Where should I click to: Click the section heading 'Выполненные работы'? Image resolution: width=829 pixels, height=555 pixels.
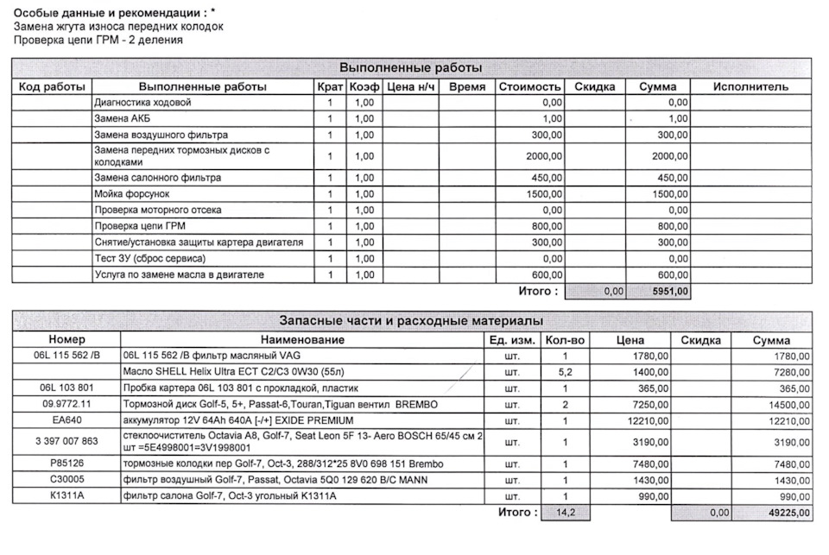click(x=410, y=68)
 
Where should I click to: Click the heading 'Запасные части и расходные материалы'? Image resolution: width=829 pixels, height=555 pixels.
click(x=410, y=321)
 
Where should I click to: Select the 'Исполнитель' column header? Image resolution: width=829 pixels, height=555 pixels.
click(x=750, y=87)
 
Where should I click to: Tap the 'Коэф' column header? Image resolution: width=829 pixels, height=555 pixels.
click(x=364, y=87)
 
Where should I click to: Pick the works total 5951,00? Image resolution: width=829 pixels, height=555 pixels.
click(x=671, y=292)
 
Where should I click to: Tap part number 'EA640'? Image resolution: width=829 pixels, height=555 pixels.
click(x=66, y=420)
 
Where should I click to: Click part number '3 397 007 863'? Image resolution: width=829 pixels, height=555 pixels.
click(x=66, y=442)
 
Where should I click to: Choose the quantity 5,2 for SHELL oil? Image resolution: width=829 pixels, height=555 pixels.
click(x=565, y=371)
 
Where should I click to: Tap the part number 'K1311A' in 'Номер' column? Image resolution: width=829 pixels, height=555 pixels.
click(x=66, y=496)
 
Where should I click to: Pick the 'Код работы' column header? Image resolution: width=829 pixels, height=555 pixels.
click(x=52, y=87)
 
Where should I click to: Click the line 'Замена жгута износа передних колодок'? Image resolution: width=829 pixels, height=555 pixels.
click(x=118, y=27)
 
